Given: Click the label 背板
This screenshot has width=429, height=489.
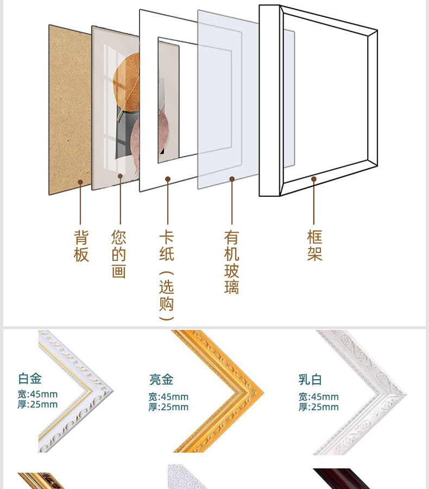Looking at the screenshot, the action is tap(81, 246).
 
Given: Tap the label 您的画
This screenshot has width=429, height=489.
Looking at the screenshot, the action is tap(119, 254).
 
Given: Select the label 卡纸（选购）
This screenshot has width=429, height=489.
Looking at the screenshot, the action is tap(167, 275).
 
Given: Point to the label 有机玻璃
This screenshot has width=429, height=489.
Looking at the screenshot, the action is tap(232, 262).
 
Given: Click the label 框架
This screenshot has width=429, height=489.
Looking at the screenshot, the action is tap(314, 245).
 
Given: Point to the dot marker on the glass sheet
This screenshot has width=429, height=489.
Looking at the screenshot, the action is tap(232, 178).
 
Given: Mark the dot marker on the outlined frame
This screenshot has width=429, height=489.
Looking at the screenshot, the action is tap(313, 178).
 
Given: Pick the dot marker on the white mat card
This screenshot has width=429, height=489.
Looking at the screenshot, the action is tap(168, 178).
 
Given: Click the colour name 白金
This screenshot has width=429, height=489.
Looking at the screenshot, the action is tap(30, 378).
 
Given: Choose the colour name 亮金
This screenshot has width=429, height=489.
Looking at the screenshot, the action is tap(161, 379).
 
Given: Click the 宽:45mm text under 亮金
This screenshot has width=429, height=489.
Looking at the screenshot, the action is tap(169, 397).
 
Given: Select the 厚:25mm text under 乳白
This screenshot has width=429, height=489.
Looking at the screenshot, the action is tap(318, 407).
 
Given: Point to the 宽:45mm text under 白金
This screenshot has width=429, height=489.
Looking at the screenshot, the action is tap(37, 394).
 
